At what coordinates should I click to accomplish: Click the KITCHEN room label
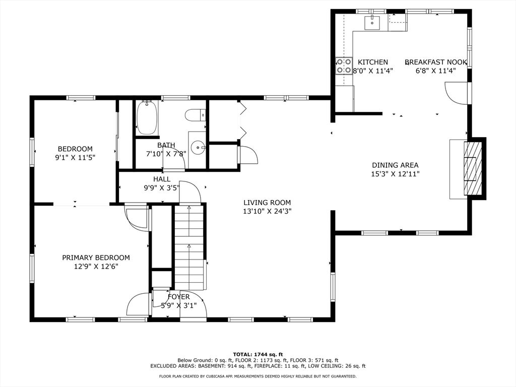pos(373,62)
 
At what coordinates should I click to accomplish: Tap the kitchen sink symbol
pos(372,22)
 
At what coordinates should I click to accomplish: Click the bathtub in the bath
pos(148,118)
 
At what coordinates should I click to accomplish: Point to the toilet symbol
pos(196,115)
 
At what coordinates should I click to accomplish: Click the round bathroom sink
pos(198,148)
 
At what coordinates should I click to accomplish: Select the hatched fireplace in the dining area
pos(473,168)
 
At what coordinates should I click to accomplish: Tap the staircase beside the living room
pos(189,247)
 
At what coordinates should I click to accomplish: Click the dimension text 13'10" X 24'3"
pos(267,211)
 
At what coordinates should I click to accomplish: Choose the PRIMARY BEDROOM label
pos(96,257)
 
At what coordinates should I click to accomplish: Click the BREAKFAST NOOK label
pos(436,62)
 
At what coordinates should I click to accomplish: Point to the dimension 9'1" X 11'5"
pos(75,157)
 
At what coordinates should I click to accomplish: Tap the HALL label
pos(162,179)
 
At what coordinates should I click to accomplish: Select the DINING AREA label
pos(395,165)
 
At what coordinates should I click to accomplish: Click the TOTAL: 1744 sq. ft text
pos(258,354)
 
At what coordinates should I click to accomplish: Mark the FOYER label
pos(179,297)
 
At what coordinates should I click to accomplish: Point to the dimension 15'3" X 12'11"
pos(395,174)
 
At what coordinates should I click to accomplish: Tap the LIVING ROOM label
pos(267,203)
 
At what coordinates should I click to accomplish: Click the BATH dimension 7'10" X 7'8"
pos(166,153)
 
